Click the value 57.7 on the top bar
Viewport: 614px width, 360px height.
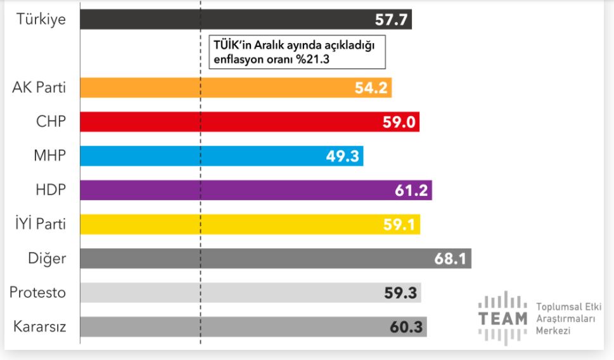[391, 19]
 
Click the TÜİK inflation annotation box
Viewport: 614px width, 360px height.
[297, 52]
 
